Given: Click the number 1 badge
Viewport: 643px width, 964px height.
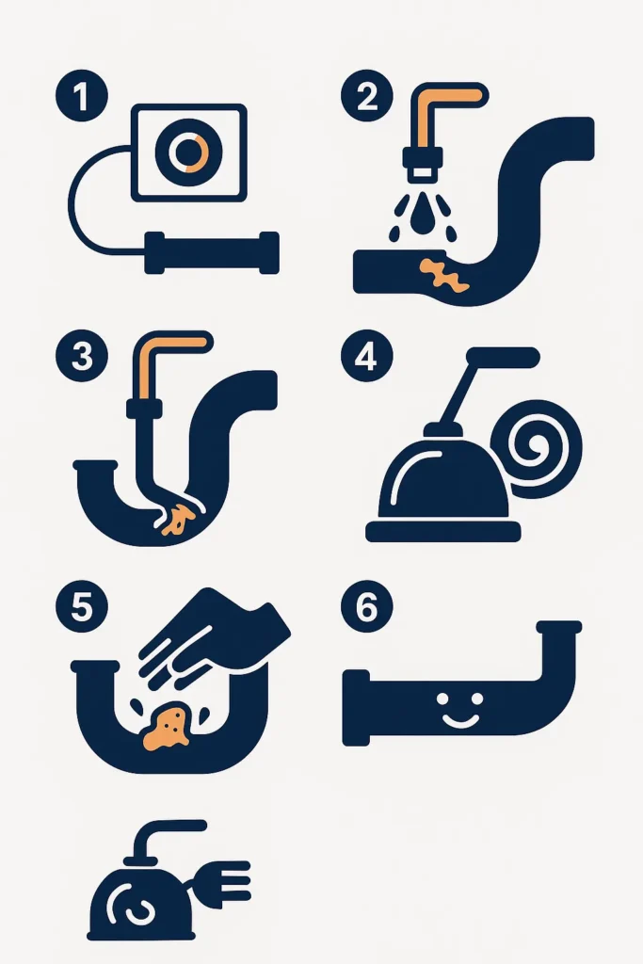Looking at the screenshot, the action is pos(82,96).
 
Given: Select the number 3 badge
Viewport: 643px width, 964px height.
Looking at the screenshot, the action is pos(82,355).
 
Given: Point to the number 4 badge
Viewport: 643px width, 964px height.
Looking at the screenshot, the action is pos(367,355).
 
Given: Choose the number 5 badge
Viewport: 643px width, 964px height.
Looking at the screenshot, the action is pos(82,606).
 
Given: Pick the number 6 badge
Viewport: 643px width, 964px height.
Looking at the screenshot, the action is pos(367,606).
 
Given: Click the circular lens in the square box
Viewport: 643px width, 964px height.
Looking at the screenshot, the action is pos(188,152).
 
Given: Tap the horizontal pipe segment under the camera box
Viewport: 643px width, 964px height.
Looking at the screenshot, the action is pos(212,252).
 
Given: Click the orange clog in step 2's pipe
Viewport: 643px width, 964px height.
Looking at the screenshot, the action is pos(443,275).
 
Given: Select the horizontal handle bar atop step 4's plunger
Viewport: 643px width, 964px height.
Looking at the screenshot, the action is pos(503,357).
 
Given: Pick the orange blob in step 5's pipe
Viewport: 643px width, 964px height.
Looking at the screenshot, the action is pos(166,729).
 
